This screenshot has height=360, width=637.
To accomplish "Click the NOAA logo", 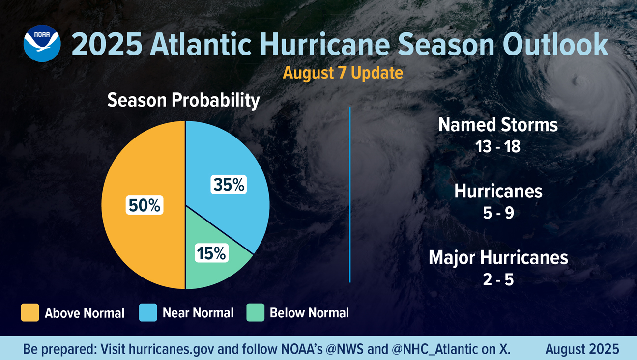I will [x=42, y=44].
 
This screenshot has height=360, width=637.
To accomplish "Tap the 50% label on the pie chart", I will [x=144, y=205].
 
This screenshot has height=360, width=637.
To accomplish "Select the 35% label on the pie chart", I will [x=229, y=185].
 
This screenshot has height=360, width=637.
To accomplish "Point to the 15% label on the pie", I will [x=211, y=253].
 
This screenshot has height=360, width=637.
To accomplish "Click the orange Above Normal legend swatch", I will [x=30, y=312].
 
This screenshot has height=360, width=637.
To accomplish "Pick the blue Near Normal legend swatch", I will [x=148, y=312].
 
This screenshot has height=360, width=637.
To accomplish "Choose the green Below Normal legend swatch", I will [x=255, y=312].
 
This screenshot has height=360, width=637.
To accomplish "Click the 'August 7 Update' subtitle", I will [x=343, y=73].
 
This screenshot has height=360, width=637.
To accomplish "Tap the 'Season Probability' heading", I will [x=183, y=100].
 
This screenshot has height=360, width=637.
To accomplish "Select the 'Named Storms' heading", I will [x=498, y=125].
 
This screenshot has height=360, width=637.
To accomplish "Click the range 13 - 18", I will [x=498, y=146].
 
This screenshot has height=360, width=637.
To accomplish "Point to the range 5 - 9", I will [x=498, y=213].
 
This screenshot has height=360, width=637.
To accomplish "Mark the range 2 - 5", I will [x=498, y=279].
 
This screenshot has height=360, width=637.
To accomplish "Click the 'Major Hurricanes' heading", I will [x=498, y=258].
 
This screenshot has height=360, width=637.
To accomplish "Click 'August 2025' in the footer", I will [x=582, y=349].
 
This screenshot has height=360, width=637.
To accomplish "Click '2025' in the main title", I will [x=107, y=45].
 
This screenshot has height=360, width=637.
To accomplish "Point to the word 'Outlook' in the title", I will [x=555, y=45].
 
